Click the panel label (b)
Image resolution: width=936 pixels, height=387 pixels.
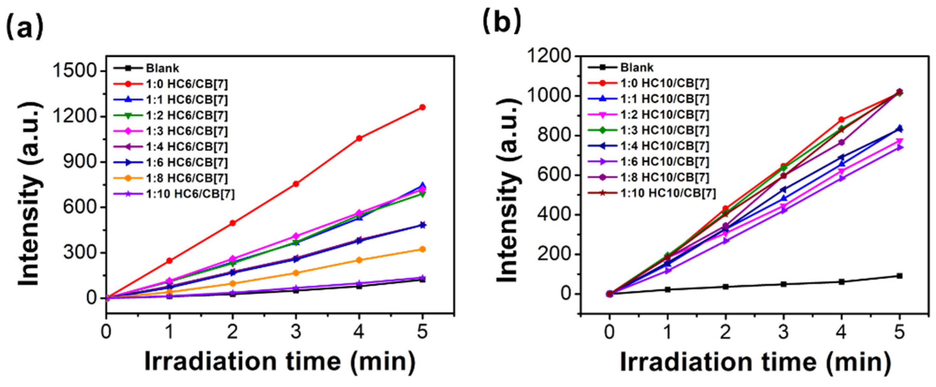501,21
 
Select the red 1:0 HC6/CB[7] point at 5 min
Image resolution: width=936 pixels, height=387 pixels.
422,107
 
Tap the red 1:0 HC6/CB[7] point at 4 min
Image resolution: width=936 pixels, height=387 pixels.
359,138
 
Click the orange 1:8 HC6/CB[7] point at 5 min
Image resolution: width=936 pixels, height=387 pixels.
422,249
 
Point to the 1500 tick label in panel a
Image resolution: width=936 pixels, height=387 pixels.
74,70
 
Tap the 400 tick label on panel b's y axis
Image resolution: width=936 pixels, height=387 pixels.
553,215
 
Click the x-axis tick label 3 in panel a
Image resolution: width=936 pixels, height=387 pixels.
296,332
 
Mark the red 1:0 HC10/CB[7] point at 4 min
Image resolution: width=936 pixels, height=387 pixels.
841,119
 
